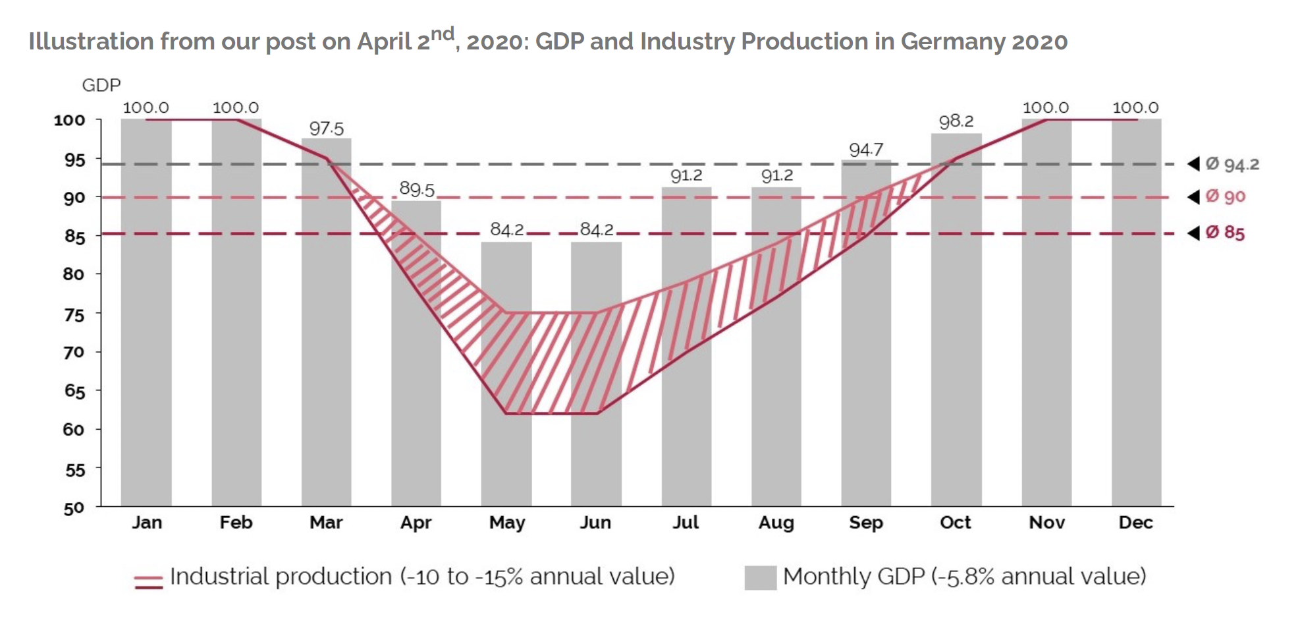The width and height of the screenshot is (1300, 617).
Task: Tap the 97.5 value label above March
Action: pyautogui.click(x=327, y=128)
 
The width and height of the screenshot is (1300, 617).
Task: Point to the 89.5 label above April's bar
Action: pyautogui.click(x=417, y=189)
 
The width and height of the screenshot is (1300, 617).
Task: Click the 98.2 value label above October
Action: pyautogui.click(x=956, y=121)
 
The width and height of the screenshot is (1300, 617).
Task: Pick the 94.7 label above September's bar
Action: pyautogui.click(x=866, y=150)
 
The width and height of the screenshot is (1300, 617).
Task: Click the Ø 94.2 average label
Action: pyautogui.click(x=1232, y=164)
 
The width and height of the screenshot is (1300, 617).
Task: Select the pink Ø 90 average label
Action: pyautogui.click(x=1226, y=196)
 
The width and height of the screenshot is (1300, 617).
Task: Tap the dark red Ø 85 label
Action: pyautogui.click(x=1225, y=233)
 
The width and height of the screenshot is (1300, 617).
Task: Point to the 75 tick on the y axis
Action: pyautogui.click(x=74, y=314)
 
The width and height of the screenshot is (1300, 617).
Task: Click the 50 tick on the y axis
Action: pyautogui.click(x=74, y=508)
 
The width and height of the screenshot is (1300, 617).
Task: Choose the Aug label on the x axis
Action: pyautogui.click(x=776, y=523)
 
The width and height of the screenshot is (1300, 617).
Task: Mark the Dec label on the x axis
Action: pyautogui.click(x=1135, y=523)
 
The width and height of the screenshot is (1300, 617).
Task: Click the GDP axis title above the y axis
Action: pyautogui.click(x=101, y=85)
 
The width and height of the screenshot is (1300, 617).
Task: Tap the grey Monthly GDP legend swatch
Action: pyautogui.click(x=760, y=577)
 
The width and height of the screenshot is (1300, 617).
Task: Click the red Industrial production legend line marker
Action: pyautogui.click(x=148, y=581)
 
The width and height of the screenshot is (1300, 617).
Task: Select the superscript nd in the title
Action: pyautogui.click(x=443, y=33)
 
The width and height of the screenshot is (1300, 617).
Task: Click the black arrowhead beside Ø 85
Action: pyautogui.click(x=1193, y=233)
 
